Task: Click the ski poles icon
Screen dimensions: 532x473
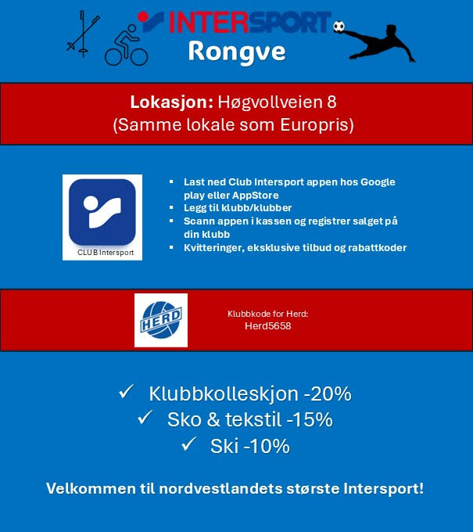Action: point(84,34)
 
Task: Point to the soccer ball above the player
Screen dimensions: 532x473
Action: point(339,27)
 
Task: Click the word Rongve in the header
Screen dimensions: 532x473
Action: point(236,52)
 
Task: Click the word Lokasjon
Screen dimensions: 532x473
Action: point(167,102)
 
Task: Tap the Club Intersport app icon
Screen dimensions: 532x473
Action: point(102,212)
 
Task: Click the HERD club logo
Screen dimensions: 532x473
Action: point(161,319)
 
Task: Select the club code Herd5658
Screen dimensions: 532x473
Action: point(268,326)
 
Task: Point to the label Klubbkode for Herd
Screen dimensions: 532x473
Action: point(268,313)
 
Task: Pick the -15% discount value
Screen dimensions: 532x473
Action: point(310,420)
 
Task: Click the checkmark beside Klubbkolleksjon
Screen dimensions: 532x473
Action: point(127,392)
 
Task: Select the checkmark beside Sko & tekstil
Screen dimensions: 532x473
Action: point(145,419)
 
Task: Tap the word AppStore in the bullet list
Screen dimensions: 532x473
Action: point(253,195)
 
